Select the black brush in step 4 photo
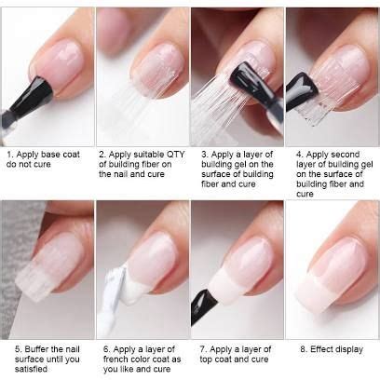click(x=301, y=91)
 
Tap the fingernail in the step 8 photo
click(x=333, y=273)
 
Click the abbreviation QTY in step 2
click(x=176, y=155)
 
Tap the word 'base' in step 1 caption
click(x=51, y=155)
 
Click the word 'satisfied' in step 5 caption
click(x=31, y=369)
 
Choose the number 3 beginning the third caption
click(x=205, y=155)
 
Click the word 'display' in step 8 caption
click(x=349, y=349)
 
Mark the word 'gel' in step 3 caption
click(x=253, y=165)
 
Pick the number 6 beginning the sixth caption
click(x=106, y=349)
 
